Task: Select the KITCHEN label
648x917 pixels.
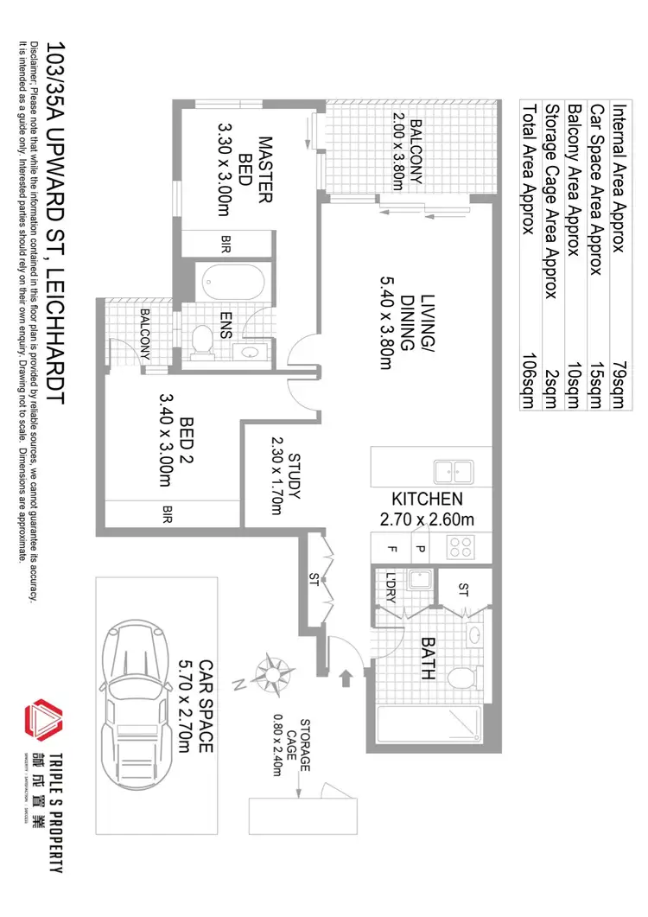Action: point(428,500)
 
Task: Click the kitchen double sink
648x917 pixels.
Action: point(453,472)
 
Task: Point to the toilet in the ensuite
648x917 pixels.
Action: point(204,340)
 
